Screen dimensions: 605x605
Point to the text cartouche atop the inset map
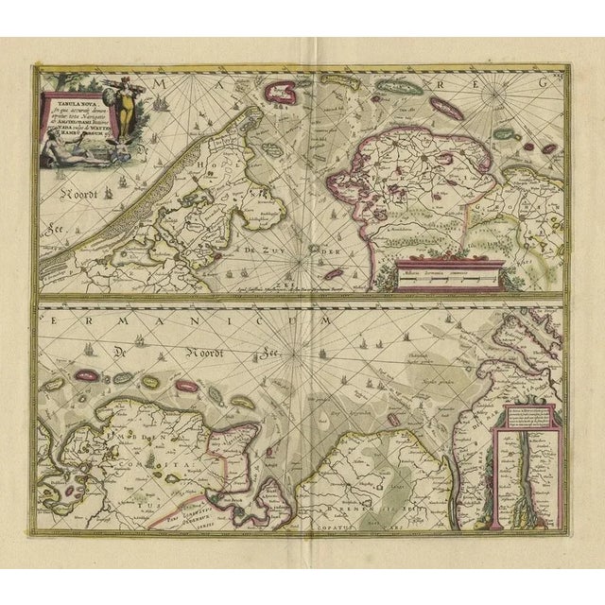[521, 415]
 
